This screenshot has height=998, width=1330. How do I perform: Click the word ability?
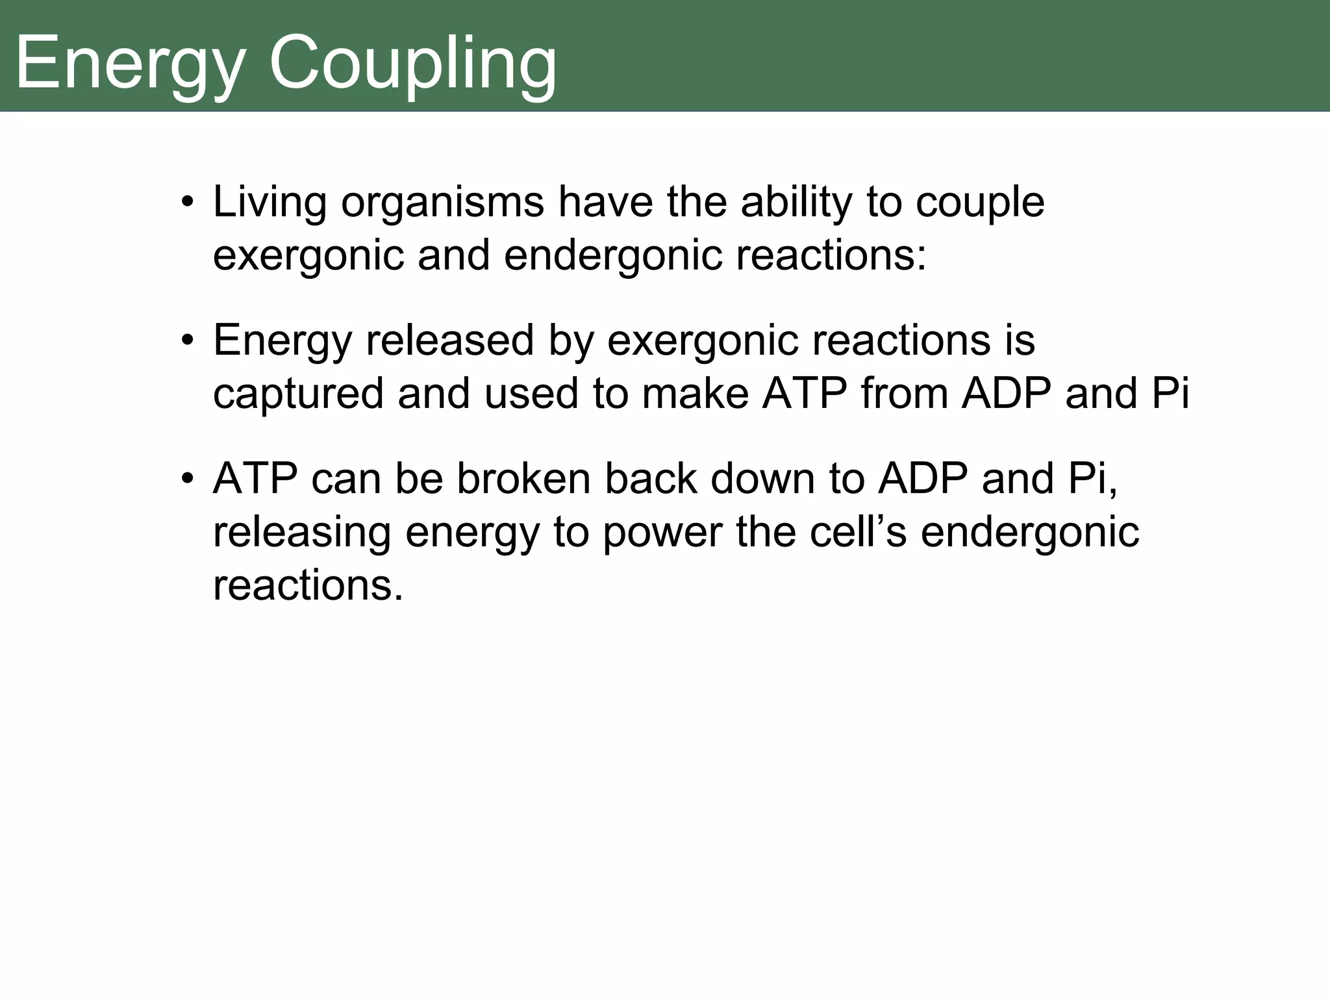click(x=796, y=203)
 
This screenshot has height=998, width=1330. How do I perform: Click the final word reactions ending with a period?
click(x=308, y=585)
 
